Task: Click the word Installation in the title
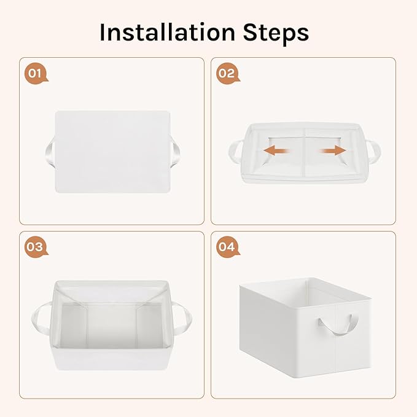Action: coord(167,32)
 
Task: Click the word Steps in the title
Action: coord(276,33)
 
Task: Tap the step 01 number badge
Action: coord(36,74)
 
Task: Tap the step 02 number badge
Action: coord(228,74)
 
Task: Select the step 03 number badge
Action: coord(36,247)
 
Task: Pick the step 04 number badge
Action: coord(228,247)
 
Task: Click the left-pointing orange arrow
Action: coord(276,151)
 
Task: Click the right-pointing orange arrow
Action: coord(333,151)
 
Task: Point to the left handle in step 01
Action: coord(50,152)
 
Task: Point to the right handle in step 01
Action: coord(176,152)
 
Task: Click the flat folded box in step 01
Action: coord(112,152)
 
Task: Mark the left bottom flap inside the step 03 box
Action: coord(74,325)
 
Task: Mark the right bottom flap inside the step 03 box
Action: coord(149,325)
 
